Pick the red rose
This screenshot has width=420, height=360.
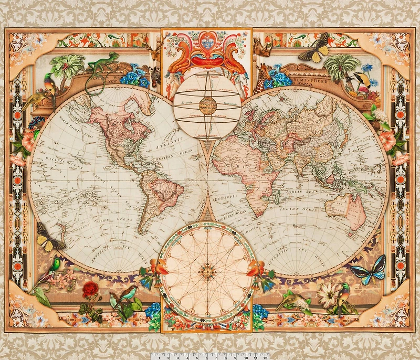[x=91, y=289]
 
